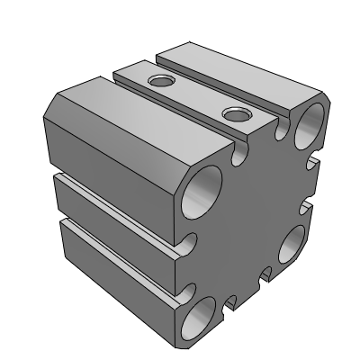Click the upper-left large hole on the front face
(202, 192)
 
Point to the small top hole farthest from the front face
(162, 82)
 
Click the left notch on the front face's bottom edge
(229, 302)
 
